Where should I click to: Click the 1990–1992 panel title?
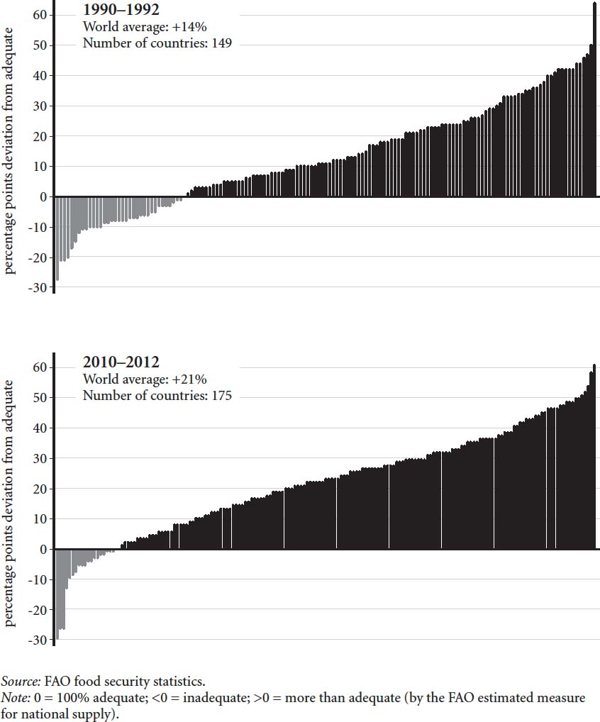click(121, 11)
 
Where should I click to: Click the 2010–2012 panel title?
click(121, 363)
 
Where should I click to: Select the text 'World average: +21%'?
click(145, 379)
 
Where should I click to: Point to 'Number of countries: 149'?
click(157, 43)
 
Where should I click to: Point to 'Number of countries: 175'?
click(157, 396)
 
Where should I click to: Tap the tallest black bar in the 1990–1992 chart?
click(594, 99)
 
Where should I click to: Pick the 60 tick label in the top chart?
click(40, 15)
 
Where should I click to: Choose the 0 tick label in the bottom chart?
click(44, 550)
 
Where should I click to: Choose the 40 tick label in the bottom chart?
click(40, 428)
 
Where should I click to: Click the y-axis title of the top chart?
click(10, 150)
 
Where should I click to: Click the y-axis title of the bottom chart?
click(10, 503)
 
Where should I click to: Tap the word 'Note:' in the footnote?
click(15, 698)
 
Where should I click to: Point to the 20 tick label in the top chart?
click(40, 136)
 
